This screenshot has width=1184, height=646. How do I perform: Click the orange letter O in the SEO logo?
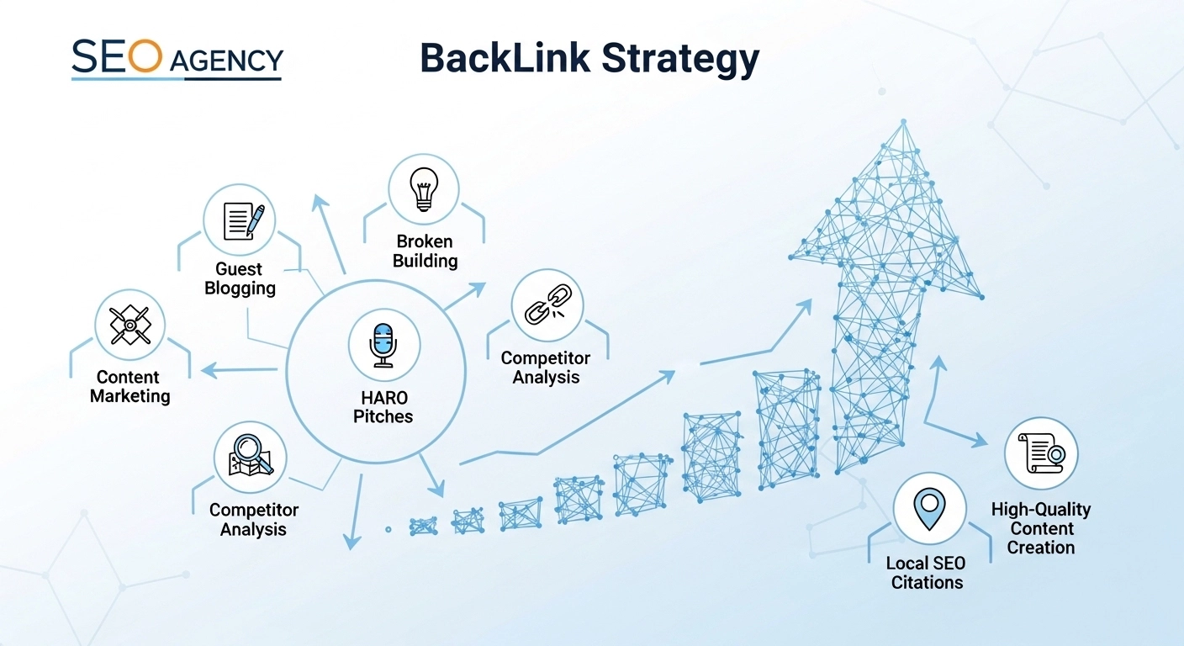pyautogui.click(x=145, y=56)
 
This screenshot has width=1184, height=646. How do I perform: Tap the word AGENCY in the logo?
pyautogui.click(x=225, y=61)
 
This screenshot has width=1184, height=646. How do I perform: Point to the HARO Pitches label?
pyautogui.click(x=383, y=406)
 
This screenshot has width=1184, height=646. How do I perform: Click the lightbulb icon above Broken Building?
pyautogui.click(x=424, y=189)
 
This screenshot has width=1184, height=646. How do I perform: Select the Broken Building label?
pyautogui.click(x=425, y=252)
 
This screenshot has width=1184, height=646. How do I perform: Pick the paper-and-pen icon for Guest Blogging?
pyautogui.click(x=240, y=220)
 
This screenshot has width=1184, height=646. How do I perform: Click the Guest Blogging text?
pyautogui.click(x=240, y=278)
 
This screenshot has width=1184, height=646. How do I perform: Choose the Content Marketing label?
pyautogui.click(x=129, y=387)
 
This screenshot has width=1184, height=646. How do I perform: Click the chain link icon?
pyautogui.click(x=547, y=304)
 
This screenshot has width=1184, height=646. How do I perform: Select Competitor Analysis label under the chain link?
pyautogui.click(x=546, y=368)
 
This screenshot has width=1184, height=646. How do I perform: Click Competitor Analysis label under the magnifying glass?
pyautogui.click(x=253, y=520)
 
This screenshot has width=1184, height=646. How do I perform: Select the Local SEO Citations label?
pyautogui.click(x=926, y=573)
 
